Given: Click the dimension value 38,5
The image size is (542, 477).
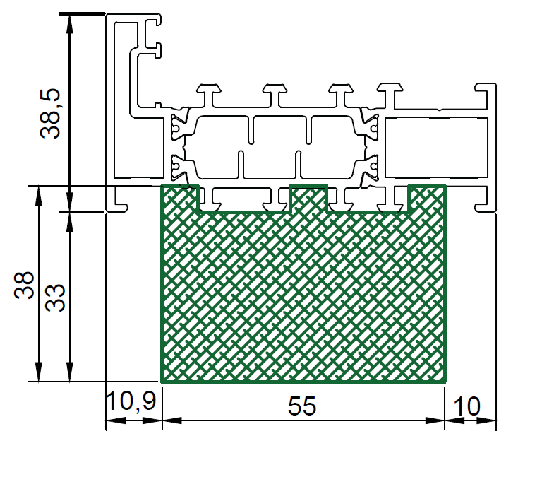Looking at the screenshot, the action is pyautogui.click(x=50, y=114).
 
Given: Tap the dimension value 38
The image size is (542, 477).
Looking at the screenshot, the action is pyautogui.click(x=24, y=285).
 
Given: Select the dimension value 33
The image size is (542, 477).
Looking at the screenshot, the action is pyautogui.click(x=55, y=298).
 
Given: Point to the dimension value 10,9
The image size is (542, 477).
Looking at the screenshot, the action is pyautogui.click(x=131, y=401).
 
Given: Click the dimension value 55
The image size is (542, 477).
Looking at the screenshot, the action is pyautogui.click(x=302, y=406).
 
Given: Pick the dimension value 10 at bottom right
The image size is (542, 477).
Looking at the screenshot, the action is pyautogui.click(x=466, y=406).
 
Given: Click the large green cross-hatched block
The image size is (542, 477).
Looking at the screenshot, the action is pyautogui.click(x=303, y=294).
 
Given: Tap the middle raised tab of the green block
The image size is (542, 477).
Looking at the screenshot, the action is pyautogui.click(x=308, y=198).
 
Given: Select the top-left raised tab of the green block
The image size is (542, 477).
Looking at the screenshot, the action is pyautogui.click(x=180, y=198).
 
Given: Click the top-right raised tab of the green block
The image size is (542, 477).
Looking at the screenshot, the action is pyautogui.click(x=427, y=198).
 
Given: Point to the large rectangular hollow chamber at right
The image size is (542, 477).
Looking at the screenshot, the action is pyautogui.click(x=437, y=148).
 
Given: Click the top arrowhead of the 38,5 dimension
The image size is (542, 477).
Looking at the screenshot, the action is pyautogui.click(x=70, y=24).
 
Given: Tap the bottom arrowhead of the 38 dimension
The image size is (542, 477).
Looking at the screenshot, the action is pyautogui.click(x=39, y=372).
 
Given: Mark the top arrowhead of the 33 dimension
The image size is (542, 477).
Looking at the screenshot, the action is pyautogui.click(x=70, y=221).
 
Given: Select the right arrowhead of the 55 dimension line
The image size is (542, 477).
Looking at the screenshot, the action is pyautogui.click(x=435, y=420).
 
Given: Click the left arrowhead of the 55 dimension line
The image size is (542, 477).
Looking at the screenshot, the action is pyautogui.click(x=171, y=420).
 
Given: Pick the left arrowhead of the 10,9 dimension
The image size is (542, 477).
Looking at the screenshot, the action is pyautogui.click(x=116, y=420).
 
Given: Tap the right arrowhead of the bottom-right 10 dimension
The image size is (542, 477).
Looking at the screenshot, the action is pyautogui.click(x=486, y=420).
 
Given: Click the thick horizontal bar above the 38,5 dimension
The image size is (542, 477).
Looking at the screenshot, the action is pyautogui.click(x=82, y=14).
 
